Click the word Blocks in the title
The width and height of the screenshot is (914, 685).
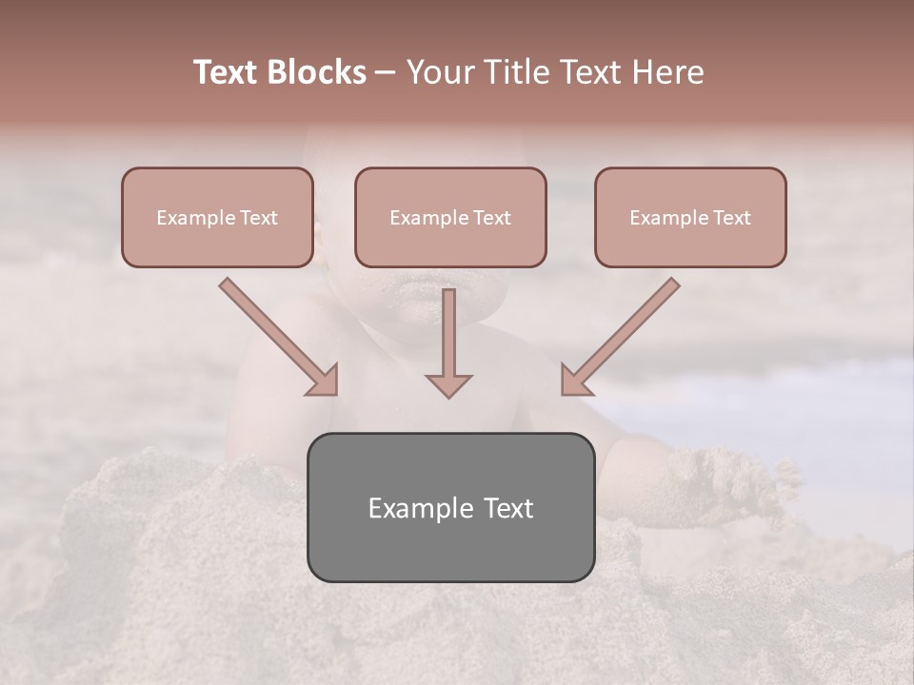(x=317, y=72)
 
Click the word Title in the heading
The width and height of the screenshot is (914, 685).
(x=516, y=72)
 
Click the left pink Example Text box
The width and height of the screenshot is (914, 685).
(x=217, y=217)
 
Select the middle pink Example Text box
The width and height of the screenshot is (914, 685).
(x=450, y=217)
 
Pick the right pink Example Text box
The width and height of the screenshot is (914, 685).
(x=690, y=217)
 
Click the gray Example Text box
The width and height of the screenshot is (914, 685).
(x=450, y=507)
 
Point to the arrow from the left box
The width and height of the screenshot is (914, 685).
(x=276, y=335)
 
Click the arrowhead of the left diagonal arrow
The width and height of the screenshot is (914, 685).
(x=324, y=381)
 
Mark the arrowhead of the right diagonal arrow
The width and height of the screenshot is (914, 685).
(x=575, y=381)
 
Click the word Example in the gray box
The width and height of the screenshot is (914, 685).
(x=416, y=508)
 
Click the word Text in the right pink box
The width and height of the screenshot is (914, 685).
(x=731, y=218)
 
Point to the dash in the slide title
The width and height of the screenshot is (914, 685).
(x=386, y=73)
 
